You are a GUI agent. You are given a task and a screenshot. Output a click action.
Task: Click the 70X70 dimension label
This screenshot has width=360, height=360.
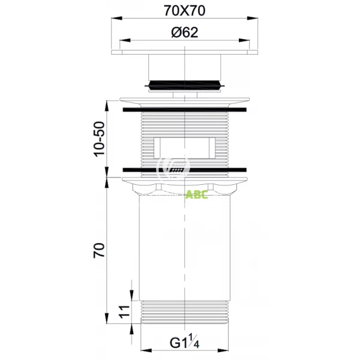(x=184, y=11)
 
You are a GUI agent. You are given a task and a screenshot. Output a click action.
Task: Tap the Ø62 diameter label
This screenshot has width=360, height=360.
(x=184, y=33)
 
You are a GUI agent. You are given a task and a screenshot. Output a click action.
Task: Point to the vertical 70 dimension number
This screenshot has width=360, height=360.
(x=98, y=249)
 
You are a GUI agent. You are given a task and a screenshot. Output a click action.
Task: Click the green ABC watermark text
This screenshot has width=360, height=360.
(x=196, y=195)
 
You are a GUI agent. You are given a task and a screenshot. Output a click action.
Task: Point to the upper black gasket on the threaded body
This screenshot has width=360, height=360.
(x=184, y=110)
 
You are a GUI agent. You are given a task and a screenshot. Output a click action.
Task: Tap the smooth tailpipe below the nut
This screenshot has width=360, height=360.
(x=184, y=252)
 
